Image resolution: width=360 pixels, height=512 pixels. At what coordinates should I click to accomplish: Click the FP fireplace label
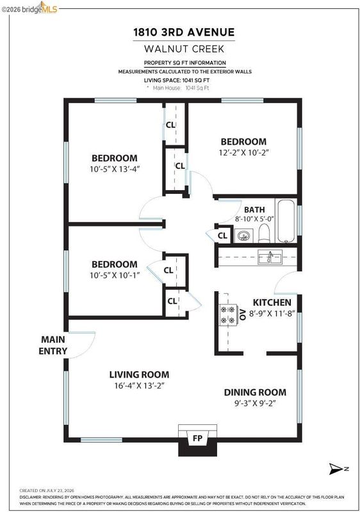click(x=197, y=438)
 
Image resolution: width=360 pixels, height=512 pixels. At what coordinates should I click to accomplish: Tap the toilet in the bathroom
click(x=264, y=233)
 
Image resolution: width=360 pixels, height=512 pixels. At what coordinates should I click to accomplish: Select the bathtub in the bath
click(x=286, y=221)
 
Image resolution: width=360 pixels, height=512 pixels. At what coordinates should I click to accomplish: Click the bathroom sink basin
click(x=243, y=236)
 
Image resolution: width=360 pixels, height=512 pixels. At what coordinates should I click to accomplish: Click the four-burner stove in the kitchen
click(x=227, y=315)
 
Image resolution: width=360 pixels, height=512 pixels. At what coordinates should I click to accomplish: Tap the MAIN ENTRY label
click(x=53, y=345)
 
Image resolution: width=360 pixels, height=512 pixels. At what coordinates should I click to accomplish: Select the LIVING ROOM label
click(x=139, y=374)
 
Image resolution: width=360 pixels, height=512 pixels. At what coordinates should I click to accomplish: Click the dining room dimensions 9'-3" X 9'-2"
click(x=255, y=403)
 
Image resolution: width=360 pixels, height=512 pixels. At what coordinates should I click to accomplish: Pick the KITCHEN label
click(x=272, y=302)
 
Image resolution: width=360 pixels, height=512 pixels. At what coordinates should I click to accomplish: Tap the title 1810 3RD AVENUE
click(x=184, y=33)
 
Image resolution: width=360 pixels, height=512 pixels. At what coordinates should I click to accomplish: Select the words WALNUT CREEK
click(x=184, y=49)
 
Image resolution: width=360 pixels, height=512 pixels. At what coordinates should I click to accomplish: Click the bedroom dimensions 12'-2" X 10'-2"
click(x=243, y=152)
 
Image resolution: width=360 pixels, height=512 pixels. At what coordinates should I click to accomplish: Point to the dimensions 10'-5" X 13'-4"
click(x=115, y=169)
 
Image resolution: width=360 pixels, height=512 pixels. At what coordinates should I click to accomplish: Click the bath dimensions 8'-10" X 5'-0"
click(x=254, y=219)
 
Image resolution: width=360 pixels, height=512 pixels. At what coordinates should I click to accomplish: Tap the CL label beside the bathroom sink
click(x=222, y=236)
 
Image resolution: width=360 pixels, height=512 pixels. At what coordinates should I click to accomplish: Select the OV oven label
click(x=242, y=314)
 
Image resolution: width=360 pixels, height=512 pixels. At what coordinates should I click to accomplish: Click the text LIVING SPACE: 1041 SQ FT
click(x=177, y=81)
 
